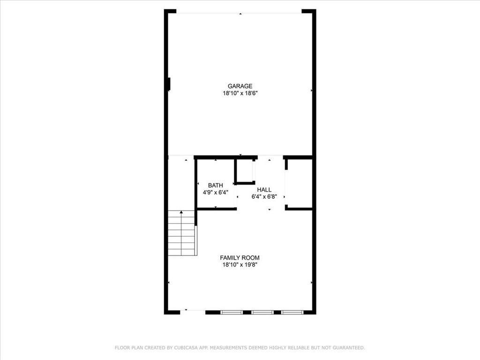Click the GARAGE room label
[x=240, y=86]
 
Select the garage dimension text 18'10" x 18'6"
[x=240, y=93]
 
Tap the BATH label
[x=216, y=185]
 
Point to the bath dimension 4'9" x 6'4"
[x=216, y=192]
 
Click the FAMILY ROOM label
[x=240, y=257]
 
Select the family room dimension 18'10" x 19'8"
[x=240, y=265]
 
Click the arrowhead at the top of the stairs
[x=181, y=212]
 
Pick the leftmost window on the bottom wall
[x=232, y=312]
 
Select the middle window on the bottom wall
[x=262, y=312]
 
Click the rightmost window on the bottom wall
[x=292, y=312]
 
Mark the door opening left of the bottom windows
[x=193, y=311]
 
